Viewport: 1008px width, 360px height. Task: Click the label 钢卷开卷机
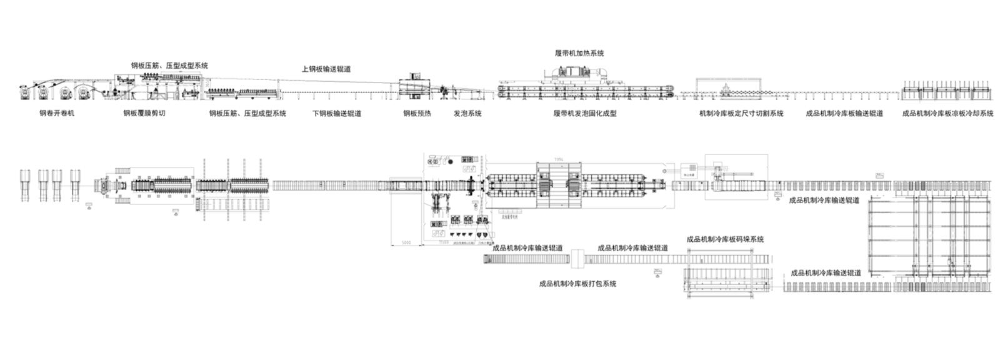56,114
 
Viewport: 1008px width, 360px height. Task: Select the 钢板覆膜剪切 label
144,114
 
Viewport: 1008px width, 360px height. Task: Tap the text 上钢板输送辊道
326,69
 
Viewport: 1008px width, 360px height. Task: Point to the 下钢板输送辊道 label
337,114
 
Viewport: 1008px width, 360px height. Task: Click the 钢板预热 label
417,114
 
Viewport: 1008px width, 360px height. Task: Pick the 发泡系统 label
467,114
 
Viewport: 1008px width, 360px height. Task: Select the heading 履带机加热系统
579,54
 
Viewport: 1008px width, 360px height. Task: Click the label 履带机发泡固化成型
585,114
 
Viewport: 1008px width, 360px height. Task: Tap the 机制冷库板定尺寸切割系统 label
741,114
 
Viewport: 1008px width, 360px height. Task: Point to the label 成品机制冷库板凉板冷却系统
948,114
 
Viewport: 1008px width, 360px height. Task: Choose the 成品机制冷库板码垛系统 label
725,239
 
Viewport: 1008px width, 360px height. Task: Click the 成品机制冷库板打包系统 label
577,284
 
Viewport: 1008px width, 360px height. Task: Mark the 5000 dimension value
406,242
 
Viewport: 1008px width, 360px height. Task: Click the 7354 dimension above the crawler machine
559,160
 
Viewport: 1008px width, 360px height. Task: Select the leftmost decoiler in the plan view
26,185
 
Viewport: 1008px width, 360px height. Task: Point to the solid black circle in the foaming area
451,161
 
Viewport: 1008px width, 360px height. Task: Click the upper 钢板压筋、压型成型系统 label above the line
169,66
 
